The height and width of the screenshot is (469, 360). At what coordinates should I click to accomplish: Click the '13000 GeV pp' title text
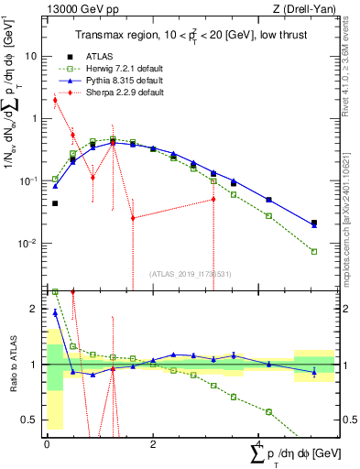tap(74, 9)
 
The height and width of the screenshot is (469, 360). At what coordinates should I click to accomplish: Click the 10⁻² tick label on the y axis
tap(32, 243)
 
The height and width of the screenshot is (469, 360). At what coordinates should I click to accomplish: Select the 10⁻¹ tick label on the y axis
tap(32, 180)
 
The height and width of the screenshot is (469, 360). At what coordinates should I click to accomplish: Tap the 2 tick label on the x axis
tap(153, 443)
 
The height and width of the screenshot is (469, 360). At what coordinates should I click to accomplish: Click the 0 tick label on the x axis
tap(47, 443)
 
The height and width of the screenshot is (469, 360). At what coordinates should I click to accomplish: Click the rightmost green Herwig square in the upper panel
tap(314, 251)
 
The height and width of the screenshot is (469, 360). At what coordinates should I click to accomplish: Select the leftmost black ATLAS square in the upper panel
tap(55, 203)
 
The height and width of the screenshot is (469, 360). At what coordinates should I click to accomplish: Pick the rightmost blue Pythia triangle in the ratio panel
tap(314, 372)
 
